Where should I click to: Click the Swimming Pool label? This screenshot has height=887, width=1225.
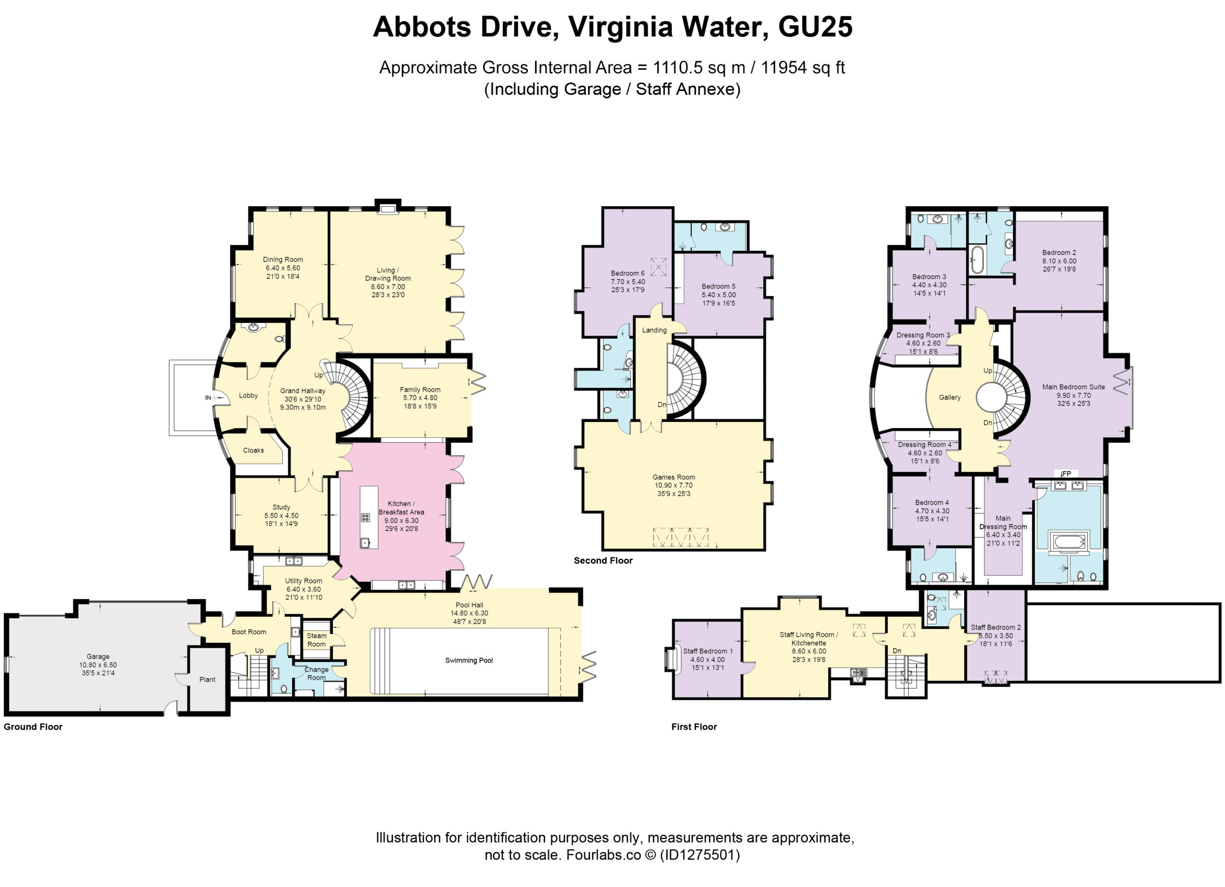(x=469, y=660)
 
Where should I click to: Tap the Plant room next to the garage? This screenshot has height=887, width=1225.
(x=207, y=680)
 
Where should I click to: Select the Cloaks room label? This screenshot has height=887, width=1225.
(x=253, y=450)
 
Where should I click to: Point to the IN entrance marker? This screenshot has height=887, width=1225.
(x=208, y=398)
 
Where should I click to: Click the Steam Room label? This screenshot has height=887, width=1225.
(x=316, y=640)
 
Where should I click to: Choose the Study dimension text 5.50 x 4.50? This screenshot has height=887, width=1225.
(x=281, y=516)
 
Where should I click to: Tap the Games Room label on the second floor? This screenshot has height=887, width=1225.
(x=674, y=477)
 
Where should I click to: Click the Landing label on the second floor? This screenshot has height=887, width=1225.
(x=654, y=330)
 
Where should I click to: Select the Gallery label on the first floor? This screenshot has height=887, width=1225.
(x=949, y=398)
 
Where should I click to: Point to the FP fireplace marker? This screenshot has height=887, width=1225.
(x=1066, y=474)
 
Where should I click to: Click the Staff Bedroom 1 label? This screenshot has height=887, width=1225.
(x=708, y=651)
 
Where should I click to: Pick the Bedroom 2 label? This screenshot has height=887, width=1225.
(x=1059, y=253)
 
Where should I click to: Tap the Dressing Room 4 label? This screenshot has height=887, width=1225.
(x=924, y=445)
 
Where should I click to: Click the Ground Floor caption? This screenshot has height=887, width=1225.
(x=33, y=727)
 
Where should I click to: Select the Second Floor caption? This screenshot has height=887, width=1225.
(x=603, y=560)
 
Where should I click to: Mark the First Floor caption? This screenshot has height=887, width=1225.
(x=694, y=727)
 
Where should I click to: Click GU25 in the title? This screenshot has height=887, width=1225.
(x=815, y=26)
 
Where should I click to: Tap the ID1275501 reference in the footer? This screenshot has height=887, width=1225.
(x=700, y=854)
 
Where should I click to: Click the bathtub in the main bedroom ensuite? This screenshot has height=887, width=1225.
(x=1068, y=541)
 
